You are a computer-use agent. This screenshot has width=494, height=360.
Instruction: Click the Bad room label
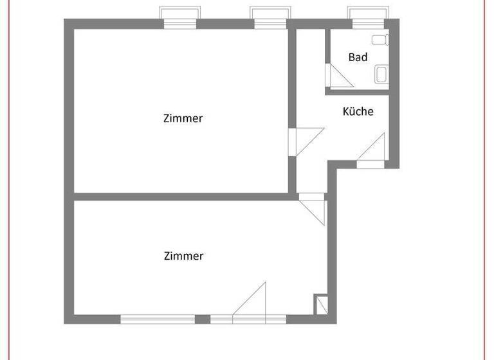coord(358,57)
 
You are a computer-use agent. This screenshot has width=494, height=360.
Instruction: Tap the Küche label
coord(358,111)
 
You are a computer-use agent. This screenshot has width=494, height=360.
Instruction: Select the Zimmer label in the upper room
coord(183,118)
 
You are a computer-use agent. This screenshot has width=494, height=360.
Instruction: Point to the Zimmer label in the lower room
coord(183,256)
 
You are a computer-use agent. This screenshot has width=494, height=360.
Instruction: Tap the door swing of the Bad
coord(339,76)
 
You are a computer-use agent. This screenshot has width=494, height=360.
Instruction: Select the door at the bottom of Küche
coord(371,151)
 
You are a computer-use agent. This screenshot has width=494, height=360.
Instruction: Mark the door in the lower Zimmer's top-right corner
coord(315,209)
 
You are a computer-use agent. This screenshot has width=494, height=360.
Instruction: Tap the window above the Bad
coord(369,17)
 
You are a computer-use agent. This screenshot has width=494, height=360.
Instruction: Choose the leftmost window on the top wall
coord(179,17)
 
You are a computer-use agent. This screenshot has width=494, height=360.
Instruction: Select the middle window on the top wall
coord(271,17)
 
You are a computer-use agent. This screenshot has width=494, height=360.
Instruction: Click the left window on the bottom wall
coord(158,319)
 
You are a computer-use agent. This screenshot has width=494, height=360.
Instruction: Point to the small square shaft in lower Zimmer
coord(320,305)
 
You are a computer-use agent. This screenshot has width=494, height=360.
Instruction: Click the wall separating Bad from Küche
coord(358,92)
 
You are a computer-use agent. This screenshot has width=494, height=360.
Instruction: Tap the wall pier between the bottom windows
coord(203,319)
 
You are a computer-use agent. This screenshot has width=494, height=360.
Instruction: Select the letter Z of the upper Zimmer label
coord(167,118)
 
